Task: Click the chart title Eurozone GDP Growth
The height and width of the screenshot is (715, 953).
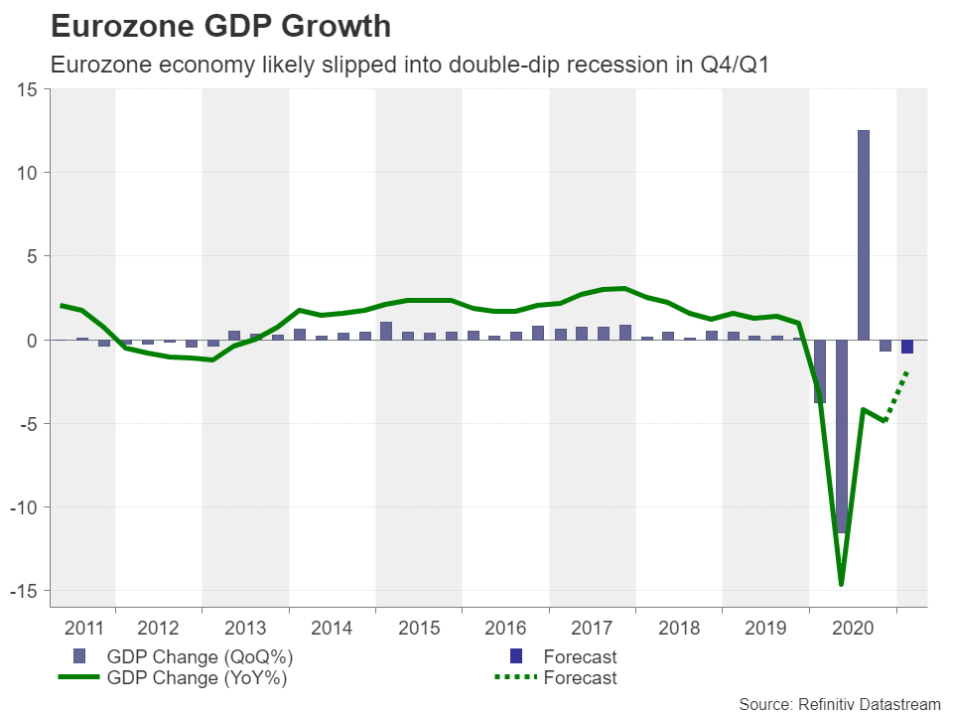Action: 220,26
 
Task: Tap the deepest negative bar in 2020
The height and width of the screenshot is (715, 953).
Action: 842,437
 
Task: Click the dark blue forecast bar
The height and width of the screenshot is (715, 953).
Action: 907,347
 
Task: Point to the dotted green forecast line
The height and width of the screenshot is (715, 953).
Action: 897,395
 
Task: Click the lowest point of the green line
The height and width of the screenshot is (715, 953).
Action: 842,584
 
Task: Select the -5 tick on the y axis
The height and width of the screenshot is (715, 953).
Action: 27,424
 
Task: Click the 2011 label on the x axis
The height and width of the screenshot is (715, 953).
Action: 83,628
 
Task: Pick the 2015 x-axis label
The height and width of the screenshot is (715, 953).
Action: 418,628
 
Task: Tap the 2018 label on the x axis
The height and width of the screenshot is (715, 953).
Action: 679,628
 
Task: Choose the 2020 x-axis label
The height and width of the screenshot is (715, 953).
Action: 853,628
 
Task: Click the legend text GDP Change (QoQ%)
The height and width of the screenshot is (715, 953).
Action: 200,656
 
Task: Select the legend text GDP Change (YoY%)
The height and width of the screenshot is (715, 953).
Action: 200,678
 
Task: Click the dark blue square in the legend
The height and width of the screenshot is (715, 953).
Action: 515,656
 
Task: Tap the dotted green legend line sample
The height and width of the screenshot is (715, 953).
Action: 514,678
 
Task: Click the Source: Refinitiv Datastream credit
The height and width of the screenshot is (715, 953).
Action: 839,703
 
